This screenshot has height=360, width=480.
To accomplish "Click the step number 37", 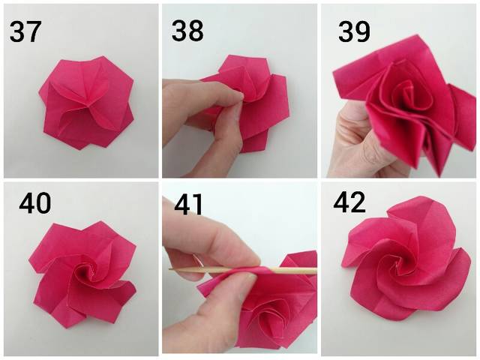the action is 25,31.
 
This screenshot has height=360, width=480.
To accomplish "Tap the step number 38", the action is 187,31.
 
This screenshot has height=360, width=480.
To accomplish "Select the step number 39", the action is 354,31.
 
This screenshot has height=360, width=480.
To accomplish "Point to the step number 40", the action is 35,203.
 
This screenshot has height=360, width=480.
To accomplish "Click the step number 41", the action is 188,205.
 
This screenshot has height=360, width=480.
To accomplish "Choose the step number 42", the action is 349,202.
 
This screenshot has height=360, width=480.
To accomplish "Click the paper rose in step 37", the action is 87,103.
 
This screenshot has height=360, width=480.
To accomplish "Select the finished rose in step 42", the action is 406,259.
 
